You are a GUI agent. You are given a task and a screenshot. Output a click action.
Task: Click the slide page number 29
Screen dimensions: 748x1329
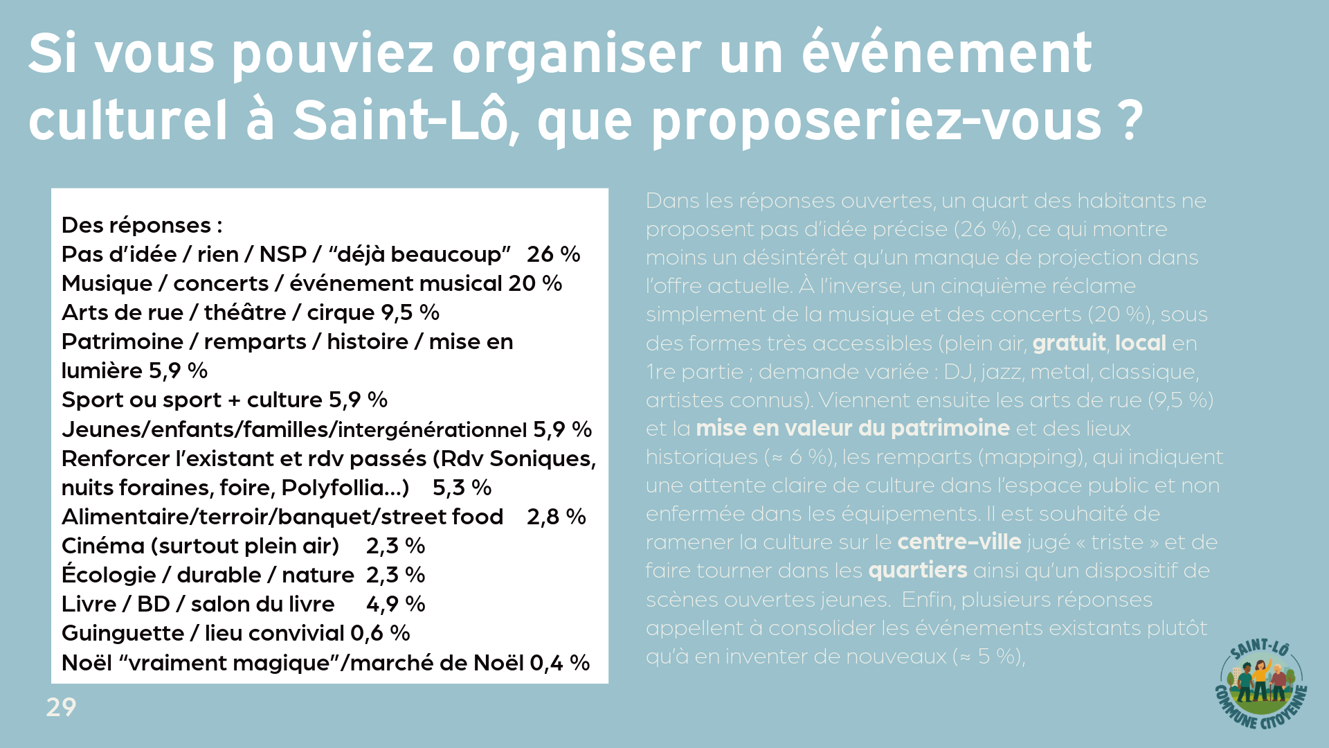point(61,707)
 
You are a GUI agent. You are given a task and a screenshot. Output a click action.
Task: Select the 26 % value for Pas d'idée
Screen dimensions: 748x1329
point(553,254)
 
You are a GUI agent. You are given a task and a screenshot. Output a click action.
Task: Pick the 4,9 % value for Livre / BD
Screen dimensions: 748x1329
point(395,604)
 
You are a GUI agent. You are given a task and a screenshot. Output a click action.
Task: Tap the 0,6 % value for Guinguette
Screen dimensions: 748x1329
point(380,633)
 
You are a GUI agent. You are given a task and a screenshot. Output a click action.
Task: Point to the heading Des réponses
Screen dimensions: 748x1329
point(141,225)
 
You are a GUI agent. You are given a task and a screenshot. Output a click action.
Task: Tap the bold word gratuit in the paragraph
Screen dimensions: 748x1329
point(1069,343)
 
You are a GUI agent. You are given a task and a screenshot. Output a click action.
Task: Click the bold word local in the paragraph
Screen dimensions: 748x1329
point(1140,343)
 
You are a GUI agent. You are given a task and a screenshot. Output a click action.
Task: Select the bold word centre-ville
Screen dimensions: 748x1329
point(959,542)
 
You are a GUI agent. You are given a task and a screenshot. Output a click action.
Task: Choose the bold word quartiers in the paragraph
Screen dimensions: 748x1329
point(917,570)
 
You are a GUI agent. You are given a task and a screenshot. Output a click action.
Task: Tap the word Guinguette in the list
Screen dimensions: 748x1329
point(123,633)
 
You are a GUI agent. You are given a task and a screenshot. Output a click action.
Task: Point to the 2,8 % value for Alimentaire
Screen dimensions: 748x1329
point(556,517)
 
